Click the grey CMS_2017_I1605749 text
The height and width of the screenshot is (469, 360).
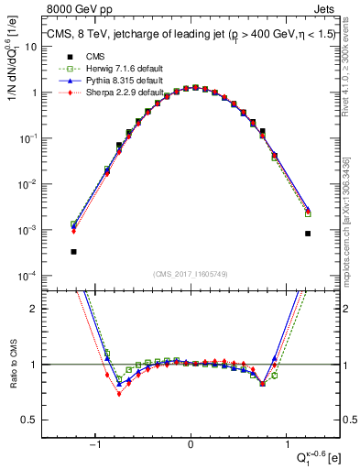click(190, 274)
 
